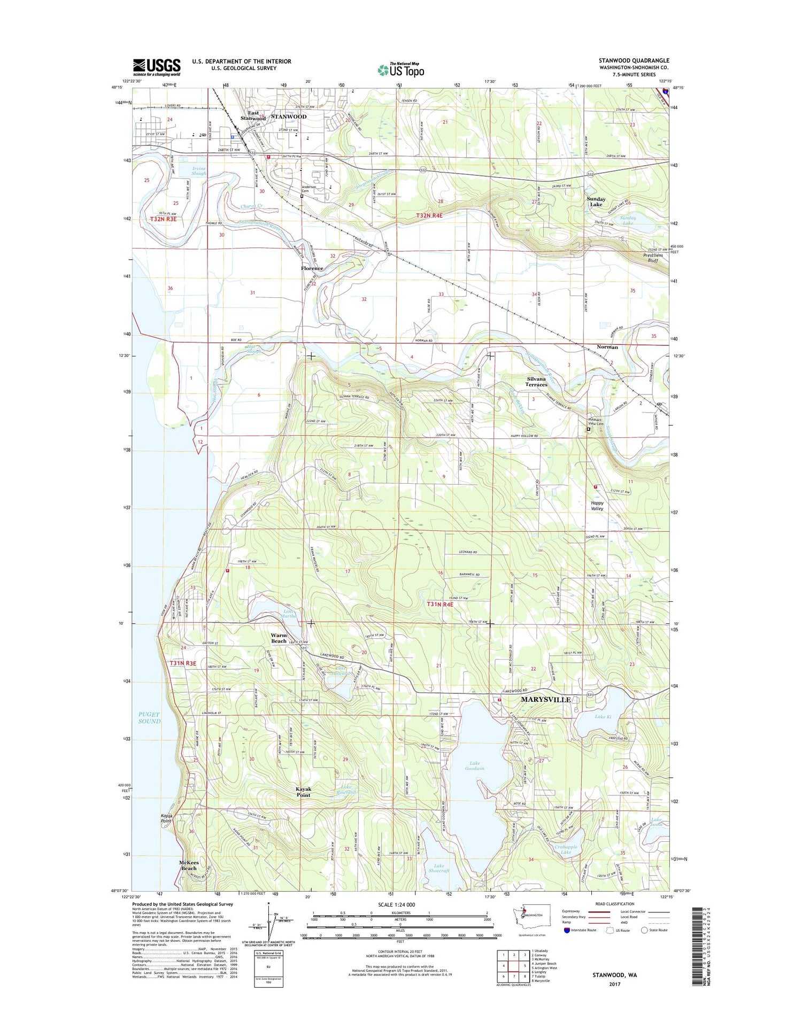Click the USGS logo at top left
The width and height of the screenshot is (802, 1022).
point(157,67)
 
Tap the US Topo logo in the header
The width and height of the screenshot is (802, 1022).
point(401,69)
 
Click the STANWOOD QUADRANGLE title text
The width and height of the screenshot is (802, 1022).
point(634,61)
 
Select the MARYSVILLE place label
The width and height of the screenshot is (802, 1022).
point(546,700)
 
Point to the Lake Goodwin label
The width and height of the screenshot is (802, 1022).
point(474,765)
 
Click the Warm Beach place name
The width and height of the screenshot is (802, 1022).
point(279,638)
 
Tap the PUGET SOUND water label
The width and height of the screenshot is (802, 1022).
point(149,717)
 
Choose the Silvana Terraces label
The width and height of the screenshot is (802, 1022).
point(536,382)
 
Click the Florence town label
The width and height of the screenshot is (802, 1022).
point(312,268)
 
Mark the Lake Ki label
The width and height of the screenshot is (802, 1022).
point(603,717)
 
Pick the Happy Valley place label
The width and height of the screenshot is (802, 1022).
point(597,506)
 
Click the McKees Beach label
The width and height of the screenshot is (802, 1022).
point(189,865)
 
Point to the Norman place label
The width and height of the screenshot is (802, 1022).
point(607,347)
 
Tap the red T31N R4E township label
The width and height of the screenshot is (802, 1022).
point(439,605)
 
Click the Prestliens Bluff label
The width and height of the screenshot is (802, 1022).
point(652,258)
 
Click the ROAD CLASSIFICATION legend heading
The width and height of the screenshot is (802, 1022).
point(615,904)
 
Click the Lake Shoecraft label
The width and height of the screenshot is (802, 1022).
point(439,869)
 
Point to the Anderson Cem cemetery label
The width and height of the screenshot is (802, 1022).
point(309,189)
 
